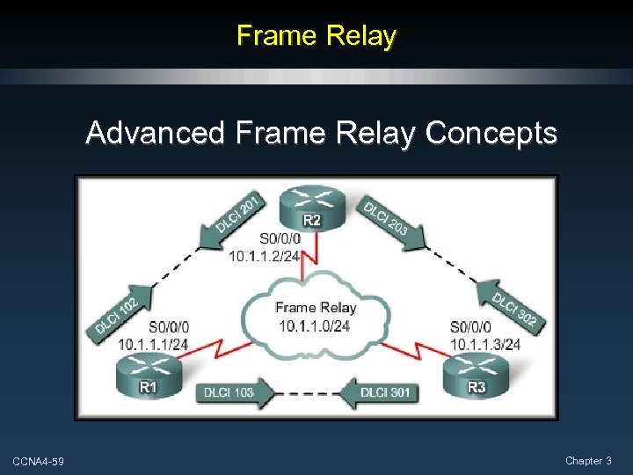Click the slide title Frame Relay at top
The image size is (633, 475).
(x=316, y=35)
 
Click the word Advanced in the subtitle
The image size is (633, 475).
(x=156, y=133)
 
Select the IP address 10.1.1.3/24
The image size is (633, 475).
(x=484, y=344)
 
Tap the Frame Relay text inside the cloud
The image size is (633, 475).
(x=315, y=307)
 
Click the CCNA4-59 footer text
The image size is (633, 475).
(x=38, y=462)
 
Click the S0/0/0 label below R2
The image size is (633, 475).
(x=280, y=238)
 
